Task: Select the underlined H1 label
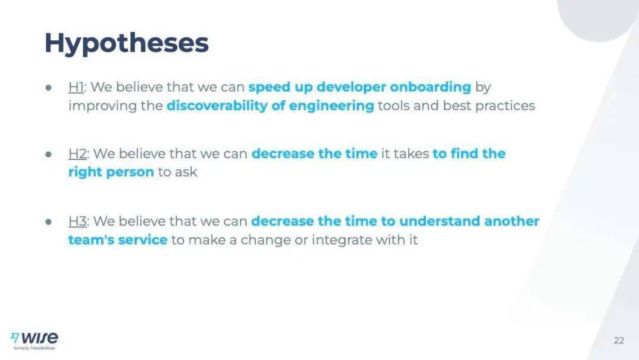[76, 87]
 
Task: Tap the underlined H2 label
[78, 154]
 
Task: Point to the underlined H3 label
[78, 221]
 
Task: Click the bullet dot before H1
[49, 87]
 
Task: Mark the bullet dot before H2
[49, 154]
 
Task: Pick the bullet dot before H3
[49, 221]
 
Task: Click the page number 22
[619, 340]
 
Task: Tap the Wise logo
[34, 338]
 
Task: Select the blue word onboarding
[430, 87]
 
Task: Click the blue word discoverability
[217, 105]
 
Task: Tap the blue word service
[143, 240]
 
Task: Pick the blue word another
[511, 221]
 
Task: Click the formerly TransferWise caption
[34, 348]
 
